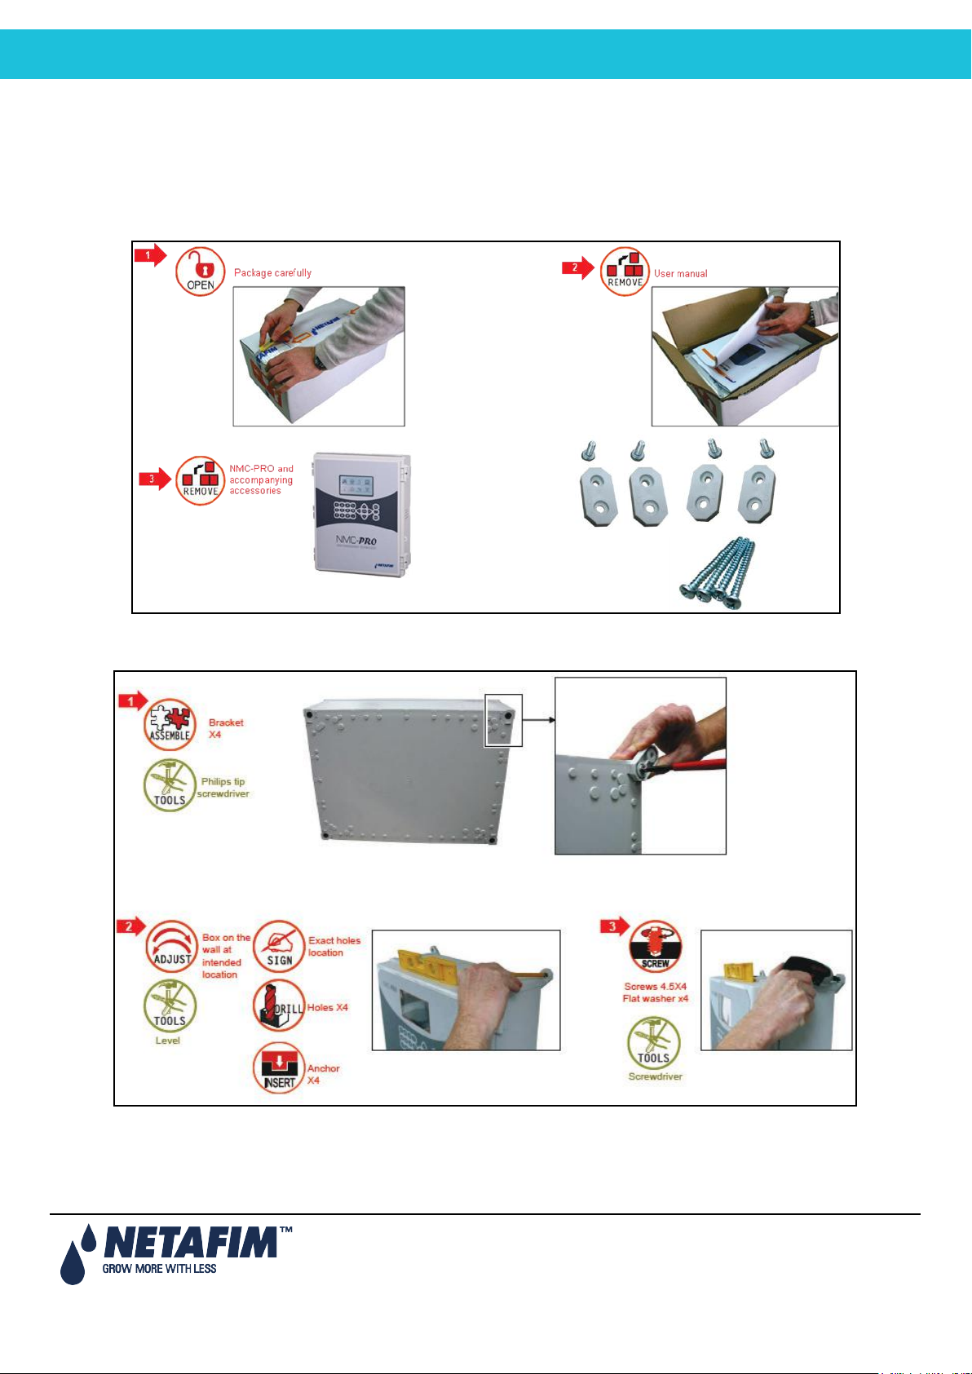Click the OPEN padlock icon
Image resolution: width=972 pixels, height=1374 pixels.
(200, 271)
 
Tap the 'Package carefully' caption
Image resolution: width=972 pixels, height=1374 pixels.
(272, 273)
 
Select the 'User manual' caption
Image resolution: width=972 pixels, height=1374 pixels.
(680, 274)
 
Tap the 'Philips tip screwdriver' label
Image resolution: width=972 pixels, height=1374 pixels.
(223, 788)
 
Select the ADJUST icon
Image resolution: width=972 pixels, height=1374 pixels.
(171, 948)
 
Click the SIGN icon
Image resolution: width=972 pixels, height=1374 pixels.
(279, 947)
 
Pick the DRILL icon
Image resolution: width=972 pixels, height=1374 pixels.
(278, 1007)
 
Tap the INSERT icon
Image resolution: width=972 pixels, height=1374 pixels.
(279, 1068)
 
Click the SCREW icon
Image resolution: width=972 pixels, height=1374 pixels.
(655, 948)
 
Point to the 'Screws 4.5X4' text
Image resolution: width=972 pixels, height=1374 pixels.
(655, 987)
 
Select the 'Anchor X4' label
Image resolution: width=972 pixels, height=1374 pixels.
(323, 1074)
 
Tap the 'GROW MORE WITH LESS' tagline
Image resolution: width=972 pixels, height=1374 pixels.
(159, 1269)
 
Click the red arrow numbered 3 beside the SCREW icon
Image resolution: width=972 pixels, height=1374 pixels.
(614, 927)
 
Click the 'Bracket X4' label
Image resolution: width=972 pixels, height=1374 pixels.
(225, 728)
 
